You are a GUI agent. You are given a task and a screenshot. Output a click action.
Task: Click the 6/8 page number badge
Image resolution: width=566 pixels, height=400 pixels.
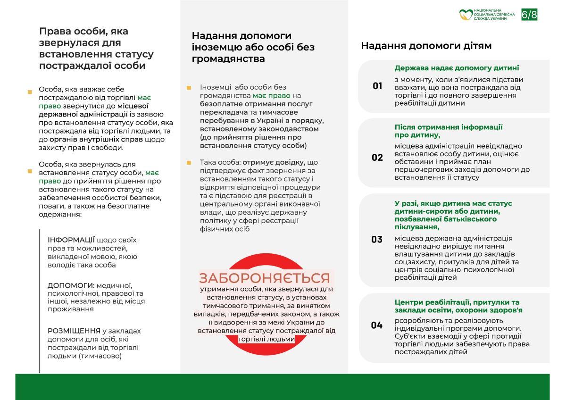529,15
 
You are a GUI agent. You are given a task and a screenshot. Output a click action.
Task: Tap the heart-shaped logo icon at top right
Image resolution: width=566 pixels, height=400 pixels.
466,15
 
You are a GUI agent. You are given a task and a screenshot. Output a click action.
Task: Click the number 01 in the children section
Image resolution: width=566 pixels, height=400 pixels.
377,86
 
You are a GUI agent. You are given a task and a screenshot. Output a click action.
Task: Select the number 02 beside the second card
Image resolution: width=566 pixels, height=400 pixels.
377,158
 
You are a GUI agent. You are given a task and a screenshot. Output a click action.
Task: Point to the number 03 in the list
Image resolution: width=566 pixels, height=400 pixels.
377,240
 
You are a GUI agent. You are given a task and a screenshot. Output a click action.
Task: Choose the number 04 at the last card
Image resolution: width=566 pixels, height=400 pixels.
377,325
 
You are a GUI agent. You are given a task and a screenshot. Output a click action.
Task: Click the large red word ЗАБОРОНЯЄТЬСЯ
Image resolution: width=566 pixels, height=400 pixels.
264,278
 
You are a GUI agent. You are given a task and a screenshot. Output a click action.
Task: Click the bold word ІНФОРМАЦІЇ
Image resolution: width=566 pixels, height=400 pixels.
71,240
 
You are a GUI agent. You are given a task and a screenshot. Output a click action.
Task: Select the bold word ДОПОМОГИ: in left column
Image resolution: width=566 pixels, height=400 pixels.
71,285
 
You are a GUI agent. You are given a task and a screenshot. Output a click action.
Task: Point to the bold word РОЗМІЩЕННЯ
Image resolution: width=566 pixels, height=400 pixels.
75,331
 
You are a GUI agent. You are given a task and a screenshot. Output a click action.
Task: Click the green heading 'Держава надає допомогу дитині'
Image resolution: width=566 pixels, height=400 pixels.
457,68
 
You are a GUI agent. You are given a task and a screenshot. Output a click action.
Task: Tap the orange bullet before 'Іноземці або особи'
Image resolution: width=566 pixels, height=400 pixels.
189,88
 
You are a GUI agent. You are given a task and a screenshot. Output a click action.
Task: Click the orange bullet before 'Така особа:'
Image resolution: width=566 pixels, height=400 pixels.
189,163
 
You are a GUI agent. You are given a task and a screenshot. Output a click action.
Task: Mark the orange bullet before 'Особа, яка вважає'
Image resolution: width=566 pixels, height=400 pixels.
30,92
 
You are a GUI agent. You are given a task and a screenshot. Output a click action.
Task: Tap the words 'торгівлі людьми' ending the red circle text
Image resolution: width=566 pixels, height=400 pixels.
267,339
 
